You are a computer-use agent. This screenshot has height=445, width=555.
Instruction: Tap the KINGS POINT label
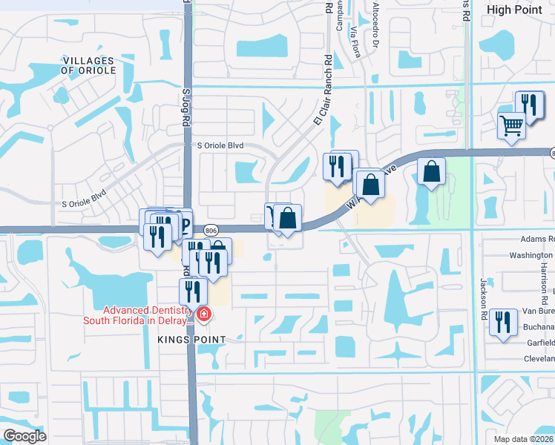pos(191,339)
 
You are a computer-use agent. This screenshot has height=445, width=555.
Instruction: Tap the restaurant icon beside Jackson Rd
pos(504,322)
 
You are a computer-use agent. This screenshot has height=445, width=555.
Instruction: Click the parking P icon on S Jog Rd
pos(183,225)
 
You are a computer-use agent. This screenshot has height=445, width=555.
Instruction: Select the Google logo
pos(24,436)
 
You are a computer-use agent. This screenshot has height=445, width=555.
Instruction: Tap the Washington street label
pos(532,255)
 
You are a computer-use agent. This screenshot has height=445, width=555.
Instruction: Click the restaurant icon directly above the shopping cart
pos(530,103)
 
